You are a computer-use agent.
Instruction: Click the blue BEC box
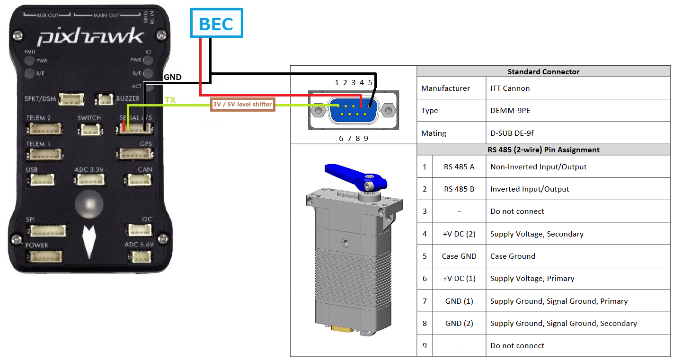[x=216, y=23]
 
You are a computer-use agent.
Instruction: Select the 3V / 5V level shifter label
[x=242, y=104]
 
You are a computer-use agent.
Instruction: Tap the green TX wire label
[x=170, y=100]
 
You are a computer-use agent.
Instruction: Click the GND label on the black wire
[x=173, y=77]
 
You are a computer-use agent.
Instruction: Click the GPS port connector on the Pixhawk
[x=135, y=154]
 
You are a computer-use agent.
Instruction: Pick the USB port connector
[x=42, y=180]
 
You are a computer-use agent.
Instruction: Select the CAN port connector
[x=139, y=180]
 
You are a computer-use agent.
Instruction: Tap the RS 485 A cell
[x=459, y=167]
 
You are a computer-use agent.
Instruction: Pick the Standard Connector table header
[x=543, y=72]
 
